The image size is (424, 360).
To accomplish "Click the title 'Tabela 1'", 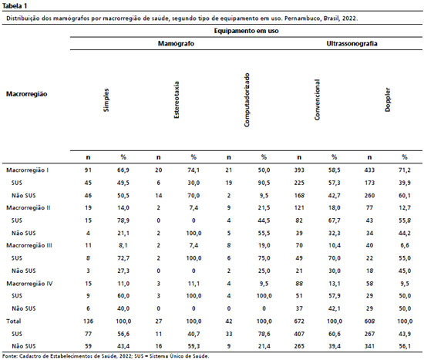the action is [15, 5].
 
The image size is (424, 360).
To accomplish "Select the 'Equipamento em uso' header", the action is [246, 31].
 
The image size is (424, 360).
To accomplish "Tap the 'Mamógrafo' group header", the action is [176, 43].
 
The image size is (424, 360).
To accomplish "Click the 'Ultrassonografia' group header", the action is [352, 43].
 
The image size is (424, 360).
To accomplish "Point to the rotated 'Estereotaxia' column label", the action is [177, 99].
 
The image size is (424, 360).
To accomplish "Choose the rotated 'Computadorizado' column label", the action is [247, 99].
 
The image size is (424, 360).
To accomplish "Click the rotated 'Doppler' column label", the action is [388, 99].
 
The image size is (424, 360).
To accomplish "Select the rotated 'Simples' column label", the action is [106, 100].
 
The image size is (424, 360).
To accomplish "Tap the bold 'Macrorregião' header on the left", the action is [26, 94].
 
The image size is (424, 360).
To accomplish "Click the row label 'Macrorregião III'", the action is [29, 246].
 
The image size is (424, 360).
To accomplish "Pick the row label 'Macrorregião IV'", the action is [29, 284].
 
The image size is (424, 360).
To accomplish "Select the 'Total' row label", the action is [14, 321].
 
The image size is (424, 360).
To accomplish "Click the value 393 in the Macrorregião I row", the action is [299, 170].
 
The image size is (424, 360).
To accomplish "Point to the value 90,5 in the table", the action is [264, 183].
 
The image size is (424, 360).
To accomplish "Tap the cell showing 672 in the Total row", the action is [299, 321].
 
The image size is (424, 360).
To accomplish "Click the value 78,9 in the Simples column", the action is [123, 220].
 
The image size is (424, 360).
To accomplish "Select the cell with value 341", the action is [369, 346].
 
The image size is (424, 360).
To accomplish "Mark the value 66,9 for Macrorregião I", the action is [123, 170].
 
